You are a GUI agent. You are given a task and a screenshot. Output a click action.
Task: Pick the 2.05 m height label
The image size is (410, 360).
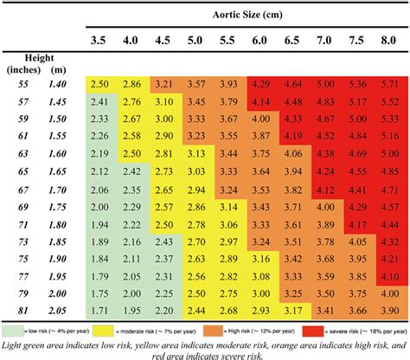point(57,310)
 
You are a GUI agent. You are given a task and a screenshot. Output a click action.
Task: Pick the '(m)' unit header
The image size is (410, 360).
point(57,67)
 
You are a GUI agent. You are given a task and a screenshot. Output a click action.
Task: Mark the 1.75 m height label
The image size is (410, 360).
point(57,206)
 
